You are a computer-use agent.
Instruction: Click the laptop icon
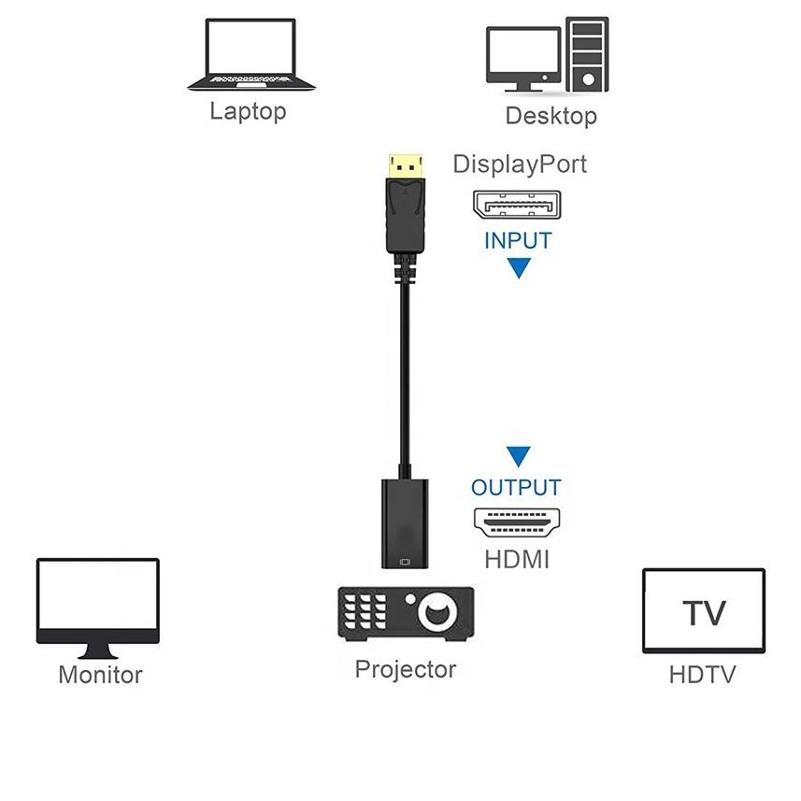pos(250,55)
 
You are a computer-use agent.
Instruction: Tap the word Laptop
pos(247,112)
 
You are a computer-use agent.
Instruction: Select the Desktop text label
pos(551,116)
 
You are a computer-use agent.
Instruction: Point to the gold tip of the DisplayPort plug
pos(403,165)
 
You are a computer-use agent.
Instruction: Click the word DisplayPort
pos(520,164)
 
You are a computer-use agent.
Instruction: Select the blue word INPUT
pos(518,240)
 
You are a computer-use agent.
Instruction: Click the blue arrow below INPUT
pos(518,269)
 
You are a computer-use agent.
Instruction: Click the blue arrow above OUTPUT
pos(518,457)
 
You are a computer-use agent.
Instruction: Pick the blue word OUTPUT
pos(516,487)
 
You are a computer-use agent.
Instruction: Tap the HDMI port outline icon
pos(516,522)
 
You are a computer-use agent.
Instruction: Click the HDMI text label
pos(517,560)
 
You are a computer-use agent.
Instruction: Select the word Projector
pos(405,669)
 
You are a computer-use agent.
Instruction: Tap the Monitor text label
pos(100,674)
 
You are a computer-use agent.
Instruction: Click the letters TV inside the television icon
pos(703,613)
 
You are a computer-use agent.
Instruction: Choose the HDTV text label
pos(702,674)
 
